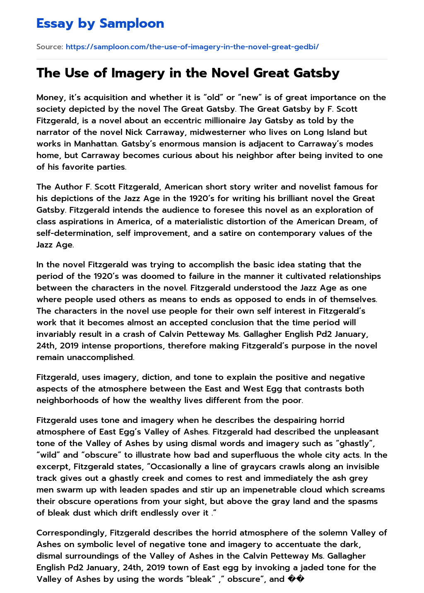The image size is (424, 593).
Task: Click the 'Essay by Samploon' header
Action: pyautogui.click(x=100, y=24)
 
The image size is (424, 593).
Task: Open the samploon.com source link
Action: pyautogui.click(x=192, y=47)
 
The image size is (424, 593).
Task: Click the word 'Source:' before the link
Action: pyautogui.click(x=50, y=47)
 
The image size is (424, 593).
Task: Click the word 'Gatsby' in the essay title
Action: pyautogui.click(x=316, y=73)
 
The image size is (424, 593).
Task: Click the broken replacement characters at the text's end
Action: pyautogui.click(x=296, y=579)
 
